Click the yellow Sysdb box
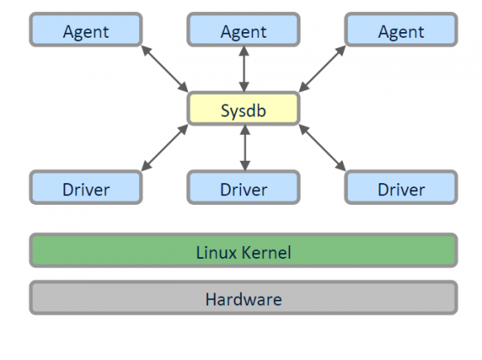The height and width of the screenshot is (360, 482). [243, 109]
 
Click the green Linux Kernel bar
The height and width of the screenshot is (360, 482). [243, 251]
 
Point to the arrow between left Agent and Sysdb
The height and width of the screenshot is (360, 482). [165, 69]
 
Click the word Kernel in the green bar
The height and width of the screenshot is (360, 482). [264, 252]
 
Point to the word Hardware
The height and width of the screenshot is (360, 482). [243, 299]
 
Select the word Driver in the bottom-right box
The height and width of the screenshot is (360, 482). [401, 190]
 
